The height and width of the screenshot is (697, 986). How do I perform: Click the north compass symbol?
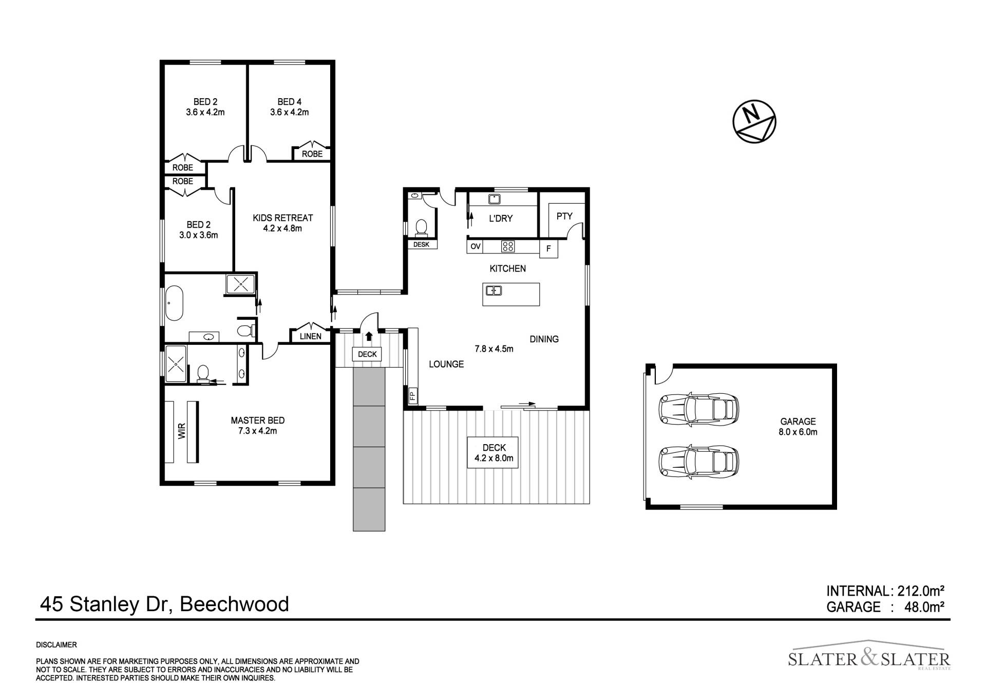click(754, 121)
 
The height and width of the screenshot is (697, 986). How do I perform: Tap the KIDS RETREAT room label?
click(282, 218)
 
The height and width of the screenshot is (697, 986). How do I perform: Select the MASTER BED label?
click(257, 420)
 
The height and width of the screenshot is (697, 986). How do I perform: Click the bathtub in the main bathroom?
click(174, 303)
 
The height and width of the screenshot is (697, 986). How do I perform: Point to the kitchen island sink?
click(494, 291)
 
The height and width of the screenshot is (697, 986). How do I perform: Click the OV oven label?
click(476, 247)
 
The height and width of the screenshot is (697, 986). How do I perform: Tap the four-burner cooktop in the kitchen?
click(507, 247)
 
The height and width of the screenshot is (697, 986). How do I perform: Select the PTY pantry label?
click(564, 216)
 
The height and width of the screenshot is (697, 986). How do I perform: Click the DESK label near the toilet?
click(421, 245)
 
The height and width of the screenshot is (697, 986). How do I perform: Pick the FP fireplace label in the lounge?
click(412, 396)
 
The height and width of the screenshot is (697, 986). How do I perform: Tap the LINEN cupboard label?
click(310, 337)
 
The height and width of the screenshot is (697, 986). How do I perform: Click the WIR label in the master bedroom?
click(181, 431)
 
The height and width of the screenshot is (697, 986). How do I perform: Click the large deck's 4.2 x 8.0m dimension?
click(494, 458)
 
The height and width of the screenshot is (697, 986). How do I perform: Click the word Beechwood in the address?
click(234, 604)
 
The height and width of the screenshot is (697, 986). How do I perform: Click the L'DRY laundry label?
click(500, 218)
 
